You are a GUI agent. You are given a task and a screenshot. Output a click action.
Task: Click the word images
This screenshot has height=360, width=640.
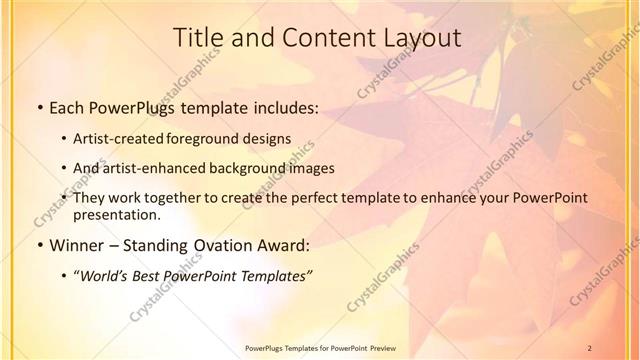311,168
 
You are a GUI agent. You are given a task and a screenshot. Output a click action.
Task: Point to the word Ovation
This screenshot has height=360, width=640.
233,245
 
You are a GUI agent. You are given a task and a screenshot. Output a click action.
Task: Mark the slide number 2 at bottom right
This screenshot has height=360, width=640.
591,348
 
